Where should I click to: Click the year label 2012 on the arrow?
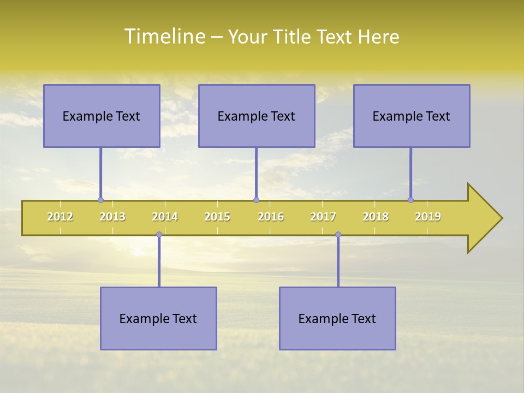60,217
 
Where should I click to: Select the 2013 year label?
112,217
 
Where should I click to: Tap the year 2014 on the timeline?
165,217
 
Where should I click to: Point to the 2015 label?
217,217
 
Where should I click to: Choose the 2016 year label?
271,217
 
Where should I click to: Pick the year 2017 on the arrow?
323,217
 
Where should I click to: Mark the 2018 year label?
376,217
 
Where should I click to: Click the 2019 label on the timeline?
428,217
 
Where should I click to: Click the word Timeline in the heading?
164,37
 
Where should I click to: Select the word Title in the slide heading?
294,37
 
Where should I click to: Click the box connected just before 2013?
102,116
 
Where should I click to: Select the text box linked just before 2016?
257,116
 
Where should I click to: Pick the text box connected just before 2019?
412,116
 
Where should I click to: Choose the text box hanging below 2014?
158,318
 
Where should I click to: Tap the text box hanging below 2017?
337,318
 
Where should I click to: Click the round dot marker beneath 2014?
159,235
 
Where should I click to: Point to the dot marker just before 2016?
256,200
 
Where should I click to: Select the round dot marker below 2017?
338,235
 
